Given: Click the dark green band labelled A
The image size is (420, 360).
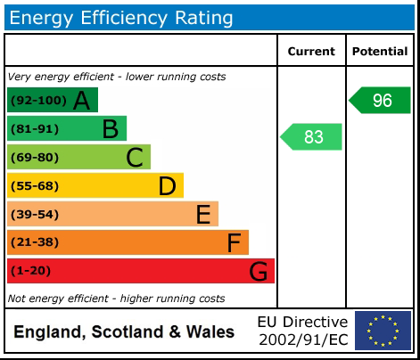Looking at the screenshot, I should [x=53, y=100].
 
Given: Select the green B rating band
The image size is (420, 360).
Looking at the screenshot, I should [x=67, y=128].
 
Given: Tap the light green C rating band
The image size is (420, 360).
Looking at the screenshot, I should [x=78, y=157].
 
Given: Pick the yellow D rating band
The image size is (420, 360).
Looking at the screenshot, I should [x=95, y=185].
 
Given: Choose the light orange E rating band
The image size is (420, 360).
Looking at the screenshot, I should [x=112, y=214].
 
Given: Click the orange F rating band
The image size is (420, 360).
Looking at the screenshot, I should [x=128, y=242].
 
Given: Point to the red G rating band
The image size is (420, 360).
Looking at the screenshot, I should [x=141, y=271].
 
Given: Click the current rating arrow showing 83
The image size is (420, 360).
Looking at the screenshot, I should [x=312, y=137].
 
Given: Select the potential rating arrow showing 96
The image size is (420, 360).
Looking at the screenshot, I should [x=381, y=101].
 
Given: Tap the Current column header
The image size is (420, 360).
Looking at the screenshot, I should [x=311, y=52].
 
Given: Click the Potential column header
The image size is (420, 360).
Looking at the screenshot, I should [x=380, y=52].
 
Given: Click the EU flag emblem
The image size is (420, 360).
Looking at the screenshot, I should [x=383, y=331].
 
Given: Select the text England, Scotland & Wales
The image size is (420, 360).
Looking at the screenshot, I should [x=124, y=332].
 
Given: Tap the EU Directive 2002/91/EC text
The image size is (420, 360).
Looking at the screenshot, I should [x=302, y=331].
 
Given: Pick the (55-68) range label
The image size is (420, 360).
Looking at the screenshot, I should [x=35, y=186].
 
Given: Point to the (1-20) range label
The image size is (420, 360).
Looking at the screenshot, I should [x=31, y=272].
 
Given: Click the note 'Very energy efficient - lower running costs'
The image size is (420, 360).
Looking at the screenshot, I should [x=116, y=77].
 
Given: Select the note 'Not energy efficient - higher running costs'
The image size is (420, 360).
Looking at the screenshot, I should [x=116, y=299].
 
